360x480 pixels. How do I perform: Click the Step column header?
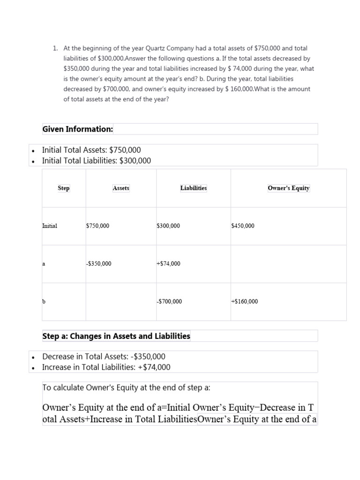point(64,188)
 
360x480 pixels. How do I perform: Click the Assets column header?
point(121,188)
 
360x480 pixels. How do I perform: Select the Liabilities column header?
point(193,188)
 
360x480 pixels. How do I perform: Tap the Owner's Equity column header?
point(288,188)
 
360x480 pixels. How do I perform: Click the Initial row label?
point(50,226)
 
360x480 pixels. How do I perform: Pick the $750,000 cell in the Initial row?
point(97,226)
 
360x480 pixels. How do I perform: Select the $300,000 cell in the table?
point(168,226)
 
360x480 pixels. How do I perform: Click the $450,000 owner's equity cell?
point(243,226)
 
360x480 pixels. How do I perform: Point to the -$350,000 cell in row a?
point(99,263)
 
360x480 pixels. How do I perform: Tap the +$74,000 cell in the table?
point(168,263)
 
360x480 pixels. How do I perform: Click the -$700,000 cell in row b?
point(169,301)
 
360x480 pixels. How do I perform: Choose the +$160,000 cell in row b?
point(244,301)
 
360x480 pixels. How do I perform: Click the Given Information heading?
point(77,129)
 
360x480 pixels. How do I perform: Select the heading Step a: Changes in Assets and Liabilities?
point(116,336)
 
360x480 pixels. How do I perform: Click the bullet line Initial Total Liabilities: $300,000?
point(97,161)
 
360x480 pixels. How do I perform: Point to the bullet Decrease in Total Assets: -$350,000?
point(104,356)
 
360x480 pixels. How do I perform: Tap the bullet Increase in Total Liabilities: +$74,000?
point(106,367)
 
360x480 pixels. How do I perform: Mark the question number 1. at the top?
point(55,48)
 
